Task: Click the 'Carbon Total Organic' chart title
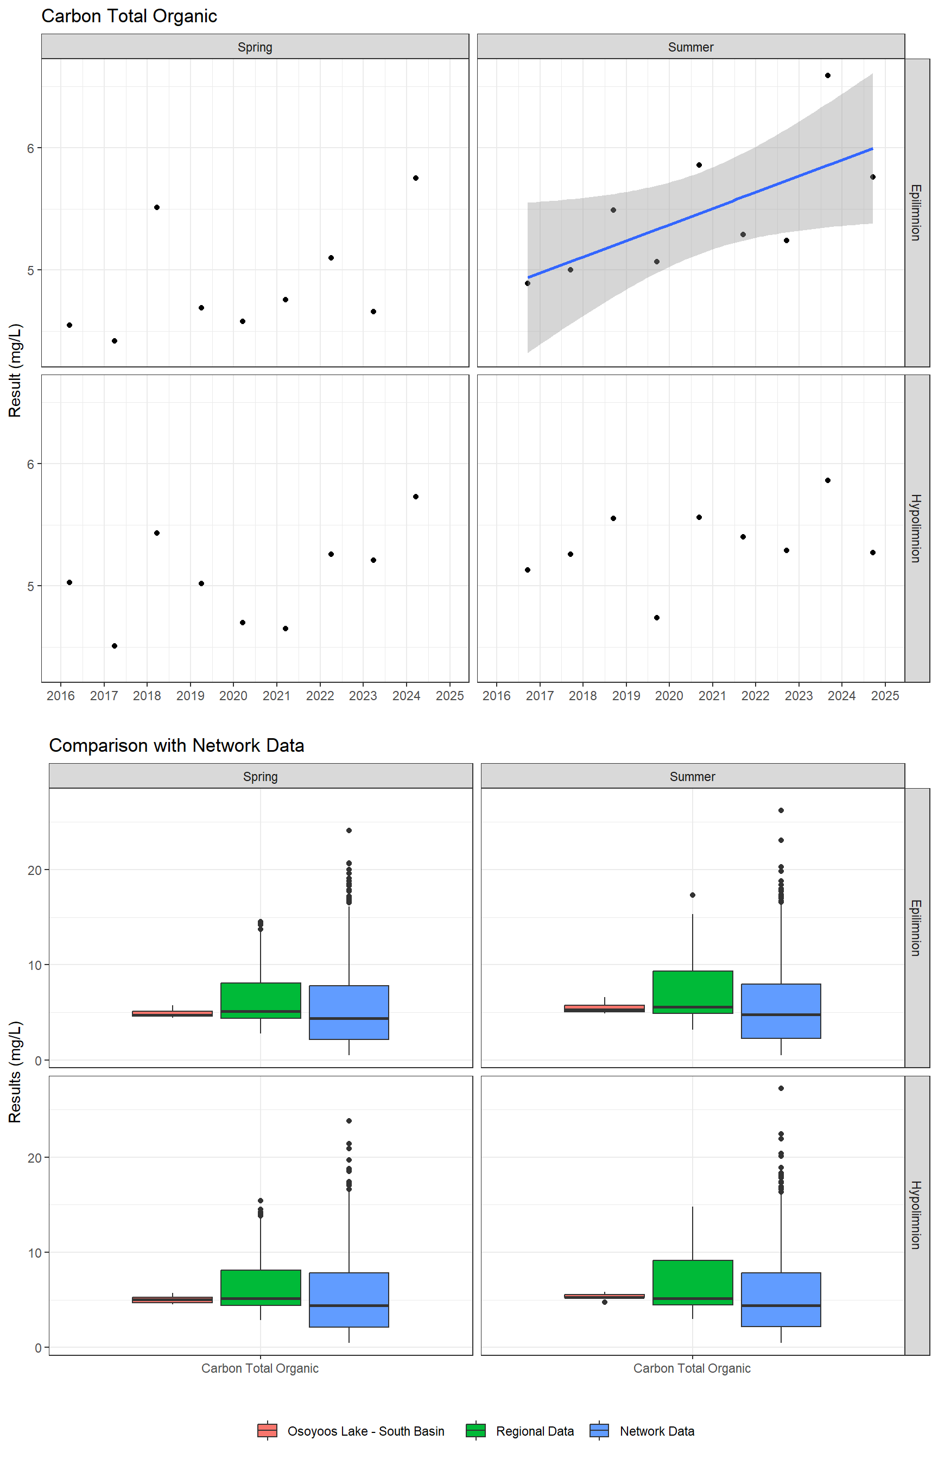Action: (129, 16)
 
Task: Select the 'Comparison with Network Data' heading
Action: (176, 745)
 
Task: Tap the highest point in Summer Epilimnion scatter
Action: (828, 75)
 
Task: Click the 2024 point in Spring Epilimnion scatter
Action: (415, 178)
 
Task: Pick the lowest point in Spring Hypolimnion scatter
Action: (115, 645)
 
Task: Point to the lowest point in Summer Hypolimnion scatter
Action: (657, 618)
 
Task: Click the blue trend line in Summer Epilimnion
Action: (700, 214)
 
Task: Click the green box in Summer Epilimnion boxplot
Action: (693, 991)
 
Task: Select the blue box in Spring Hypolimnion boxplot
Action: (349, 1299)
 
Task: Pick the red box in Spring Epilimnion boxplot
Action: (173, 1013)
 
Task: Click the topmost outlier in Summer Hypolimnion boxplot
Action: (781, 1088)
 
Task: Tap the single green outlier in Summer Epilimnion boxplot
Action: (693, 895)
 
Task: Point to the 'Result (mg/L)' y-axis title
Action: (15, 370)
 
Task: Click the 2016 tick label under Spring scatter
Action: (60, 696)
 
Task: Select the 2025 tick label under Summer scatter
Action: (885, 696)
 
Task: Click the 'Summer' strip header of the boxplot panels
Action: (692, 776)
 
